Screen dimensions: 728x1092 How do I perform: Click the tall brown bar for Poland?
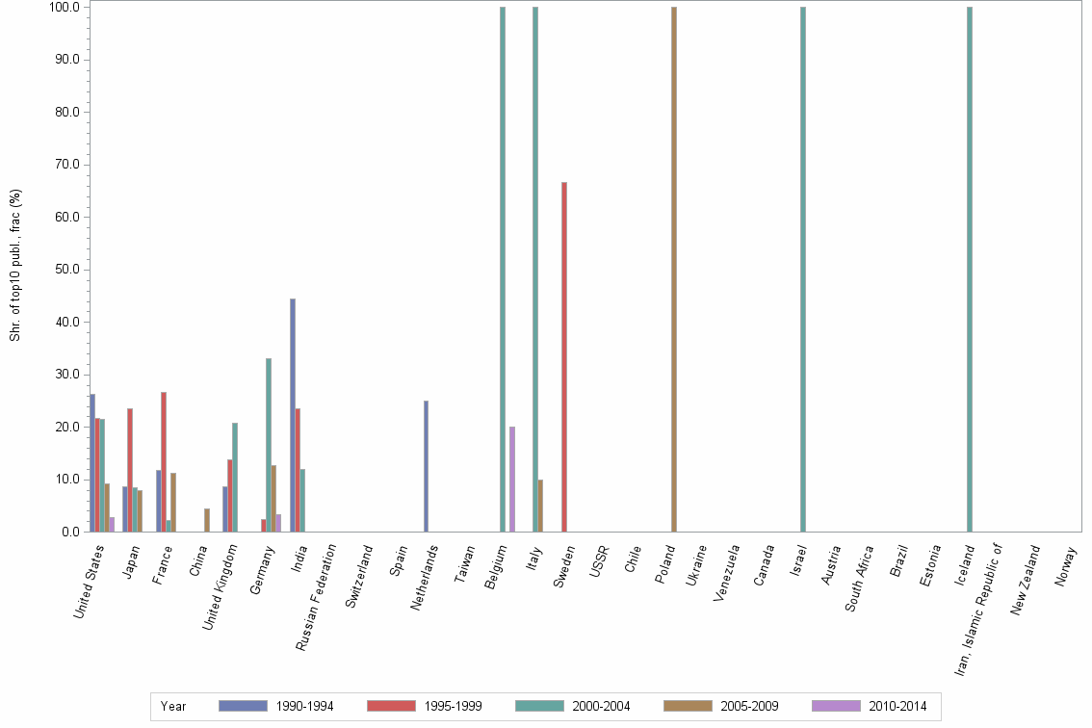(x=674, y=270)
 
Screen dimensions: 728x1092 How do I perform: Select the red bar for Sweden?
(x=564, y=356)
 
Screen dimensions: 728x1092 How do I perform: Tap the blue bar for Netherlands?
(x=426, y=466)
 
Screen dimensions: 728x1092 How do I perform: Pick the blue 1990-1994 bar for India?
(x=293, y=415)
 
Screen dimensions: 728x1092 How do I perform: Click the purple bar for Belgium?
(x=512, y=479)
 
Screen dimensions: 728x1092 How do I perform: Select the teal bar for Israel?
(x=802, y=270)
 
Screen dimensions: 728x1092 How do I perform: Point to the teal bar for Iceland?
(x=970, y=270)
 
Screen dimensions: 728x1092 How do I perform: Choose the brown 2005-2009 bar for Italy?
(x=540, y=506)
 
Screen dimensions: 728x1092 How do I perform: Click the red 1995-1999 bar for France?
(x=164, y=462)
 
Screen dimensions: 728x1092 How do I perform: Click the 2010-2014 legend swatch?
(x=836, y=706)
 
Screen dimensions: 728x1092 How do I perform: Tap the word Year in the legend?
(x=173, y=706)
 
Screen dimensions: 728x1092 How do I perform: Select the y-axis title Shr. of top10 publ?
(x=15, y=265)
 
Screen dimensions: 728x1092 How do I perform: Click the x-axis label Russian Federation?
(x=315, y=597)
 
